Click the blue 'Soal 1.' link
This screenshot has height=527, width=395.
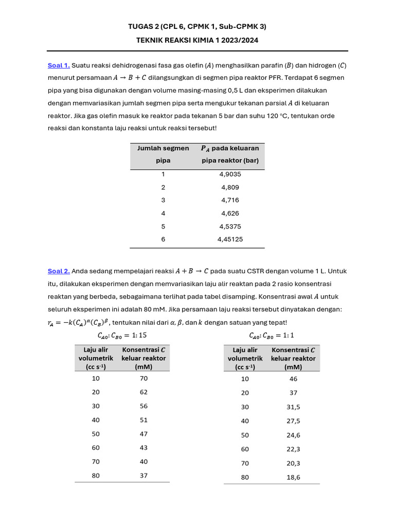[58, 65]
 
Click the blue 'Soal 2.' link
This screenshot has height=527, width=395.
[58, 271]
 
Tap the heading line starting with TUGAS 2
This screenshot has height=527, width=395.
[197, 26]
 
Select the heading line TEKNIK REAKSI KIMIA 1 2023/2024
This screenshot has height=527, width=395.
[197, 39]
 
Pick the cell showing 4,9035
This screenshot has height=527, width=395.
[230, 174]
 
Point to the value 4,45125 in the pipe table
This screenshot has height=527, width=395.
[230, 239]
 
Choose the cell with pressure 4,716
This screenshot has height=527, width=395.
[230, 200]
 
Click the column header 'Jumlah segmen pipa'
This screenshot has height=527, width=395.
[163, 154]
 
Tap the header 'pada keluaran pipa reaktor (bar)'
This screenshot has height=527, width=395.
[230, 154]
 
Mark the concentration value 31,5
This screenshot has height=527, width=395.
[293, 407]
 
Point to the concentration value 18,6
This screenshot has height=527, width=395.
[293, 478]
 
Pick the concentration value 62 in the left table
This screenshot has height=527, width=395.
[143, 392]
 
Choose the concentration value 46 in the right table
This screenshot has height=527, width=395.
[293, 379]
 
